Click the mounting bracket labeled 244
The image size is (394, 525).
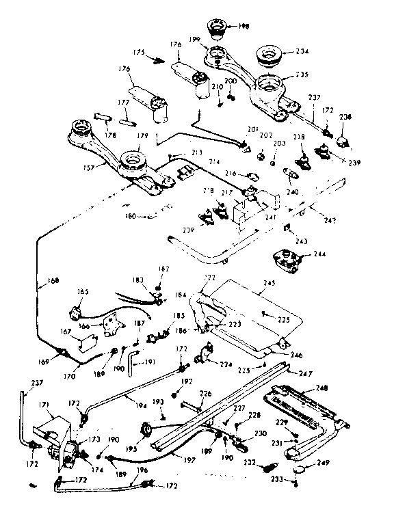(x=286, y=260)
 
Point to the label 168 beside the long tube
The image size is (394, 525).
(x=43, y=278)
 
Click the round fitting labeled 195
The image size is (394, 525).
(x=146, y=429)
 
